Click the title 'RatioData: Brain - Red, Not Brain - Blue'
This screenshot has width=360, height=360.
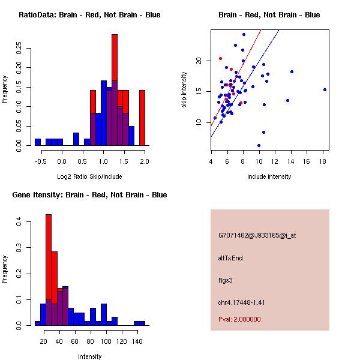click(89, 15)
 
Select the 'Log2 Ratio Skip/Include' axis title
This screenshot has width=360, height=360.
click(89, 176)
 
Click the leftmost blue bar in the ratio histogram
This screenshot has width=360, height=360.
click(38, 142)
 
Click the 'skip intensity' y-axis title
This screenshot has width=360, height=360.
click(184, 90)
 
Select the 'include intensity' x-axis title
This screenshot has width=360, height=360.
click(269, 176)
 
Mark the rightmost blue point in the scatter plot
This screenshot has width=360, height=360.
click(325, 89)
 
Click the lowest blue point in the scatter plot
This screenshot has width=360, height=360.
click(259, 145)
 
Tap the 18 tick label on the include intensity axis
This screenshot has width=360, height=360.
click(323, 161)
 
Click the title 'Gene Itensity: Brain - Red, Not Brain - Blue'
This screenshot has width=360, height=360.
click(89, 195)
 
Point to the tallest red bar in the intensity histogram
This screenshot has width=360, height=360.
click(49, 269)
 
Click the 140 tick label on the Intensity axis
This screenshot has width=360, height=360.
click(137, 341)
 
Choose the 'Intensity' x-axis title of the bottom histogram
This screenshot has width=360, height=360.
click(90, 356)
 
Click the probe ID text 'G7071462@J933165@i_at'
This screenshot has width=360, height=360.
click(257, 235)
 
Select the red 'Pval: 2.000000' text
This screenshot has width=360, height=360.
click(239, 319)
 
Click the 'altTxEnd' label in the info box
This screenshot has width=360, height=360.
click(230, 258)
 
